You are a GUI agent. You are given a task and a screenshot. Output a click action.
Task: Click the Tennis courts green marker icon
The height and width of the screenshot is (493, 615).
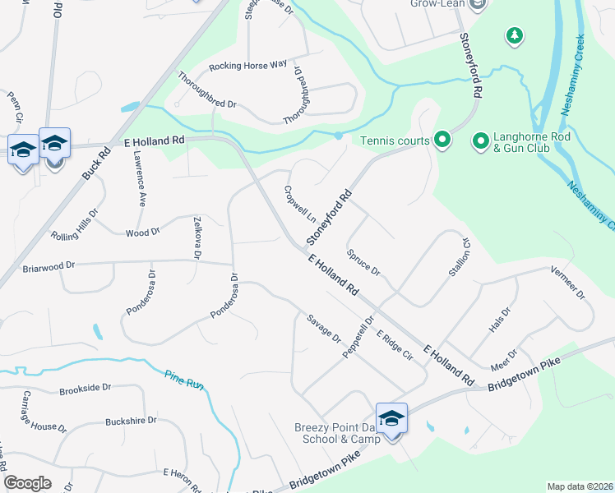(x=442, y=141)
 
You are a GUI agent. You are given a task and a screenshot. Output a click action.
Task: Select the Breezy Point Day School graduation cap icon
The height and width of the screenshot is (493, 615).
(x=392, y=417)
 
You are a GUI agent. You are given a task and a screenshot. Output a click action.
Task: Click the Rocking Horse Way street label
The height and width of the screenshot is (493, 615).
(x=247, y=64)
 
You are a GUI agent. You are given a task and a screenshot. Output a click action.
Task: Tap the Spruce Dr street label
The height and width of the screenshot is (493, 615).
(x=363, y=262)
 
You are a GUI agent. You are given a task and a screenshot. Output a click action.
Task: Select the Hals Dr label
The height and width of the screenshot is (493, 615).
(x=499, y=320)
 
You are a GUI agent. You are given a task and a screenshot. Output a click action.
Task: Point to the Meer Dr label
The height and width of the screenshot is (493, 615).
(x=503, y=361)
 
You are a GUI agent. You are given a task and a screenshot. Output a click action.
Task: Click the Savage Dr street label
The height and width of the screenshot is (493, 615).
(x=323, y=329)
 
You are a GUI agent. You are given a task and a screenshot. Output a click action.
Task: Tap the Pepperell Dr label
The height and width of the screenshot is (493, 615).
(x=358, y=335)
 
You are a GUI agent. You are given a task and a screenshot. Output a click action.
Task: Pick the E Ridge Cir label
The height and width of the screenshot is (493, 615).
(x=394, y=346)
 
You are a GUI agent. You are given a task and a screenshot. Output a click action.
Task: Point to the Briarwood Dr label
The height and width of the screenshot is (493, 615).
(x=49, y=265)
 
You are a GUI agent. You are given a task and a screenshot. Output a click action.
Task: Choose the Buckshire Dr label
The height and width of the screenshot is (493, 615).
(x=131, y=421)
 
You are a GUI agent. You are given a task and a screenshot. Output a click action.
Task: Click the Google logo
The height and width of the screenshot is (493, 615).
(x=28, y=483)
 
